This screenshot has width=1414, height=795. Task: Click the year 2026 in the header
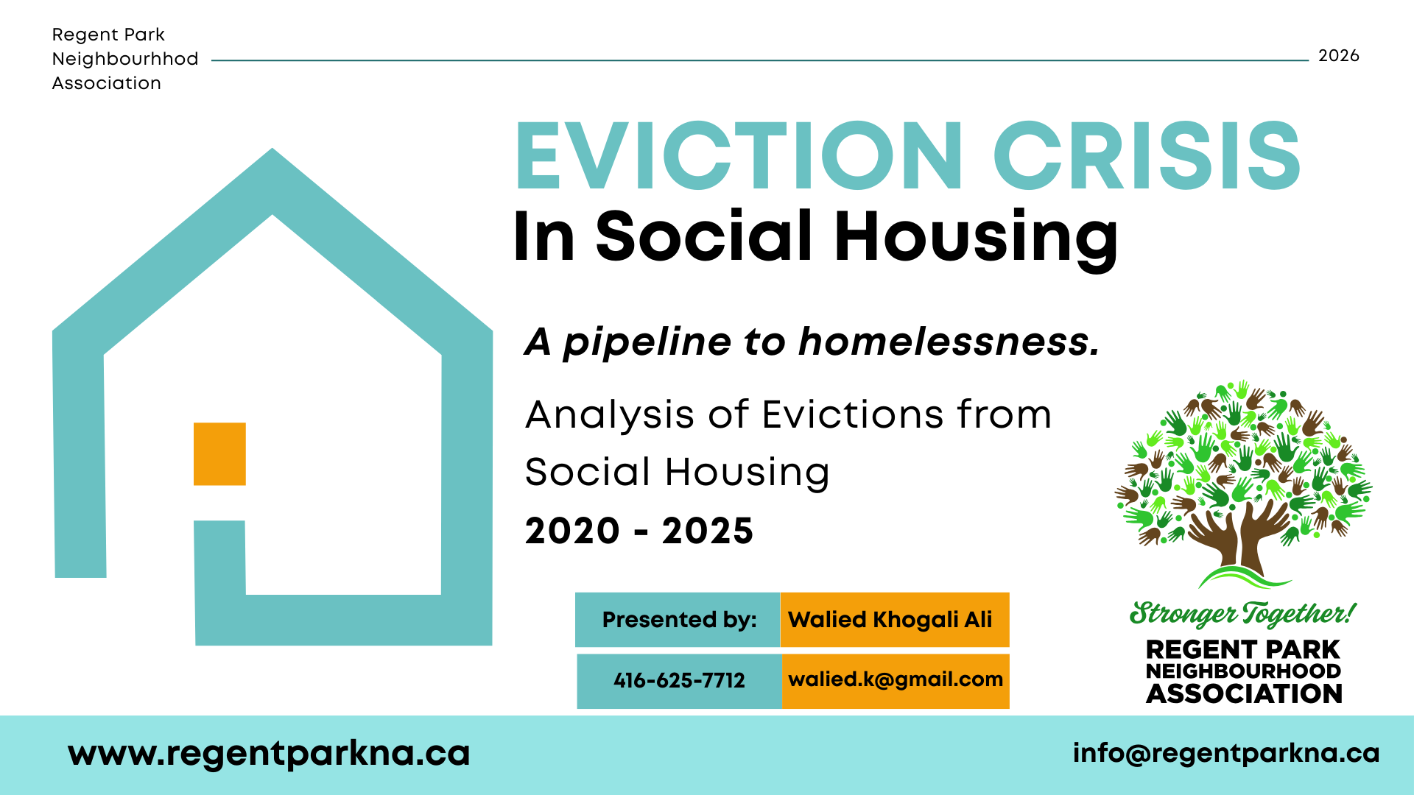[x=1338, y=56]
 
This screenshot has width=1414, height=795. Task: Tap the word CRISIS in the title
[x=1147, y=156]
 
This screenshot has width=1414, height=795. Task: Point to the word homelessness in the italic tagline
[x=949, y=342]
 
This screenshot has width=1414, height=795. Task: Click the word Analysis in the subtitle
[x=610, y=416]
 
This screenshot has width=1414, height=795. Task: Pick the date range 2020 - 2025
[x=639, y=531]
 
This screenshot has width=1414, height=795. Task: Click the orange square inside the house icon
[x=219, y=453]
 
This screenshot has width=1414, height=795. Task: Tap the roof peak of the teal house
[x=272, y=150]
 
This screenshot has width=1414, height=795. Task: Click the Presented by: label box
[x=678, y=620]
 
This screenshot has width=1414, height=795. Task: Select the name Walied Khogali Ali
[x=890, y=620]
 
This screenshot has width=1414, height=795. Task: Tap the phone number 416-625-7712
[x=679, y=680]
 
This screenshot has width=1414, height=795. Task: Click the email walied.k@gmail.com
[x=896, y=679]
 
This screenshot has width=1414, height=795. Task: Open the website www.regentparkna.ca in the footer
[x=269, y=754]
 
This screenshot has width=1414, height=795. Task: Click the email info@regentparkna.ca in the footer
[x=1226, y=753]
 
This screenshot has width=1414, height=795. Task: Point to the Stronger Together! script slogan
[x=1243, y=613]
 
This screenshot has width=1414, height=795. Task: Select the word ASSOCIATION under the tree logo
[x=1244, y=693]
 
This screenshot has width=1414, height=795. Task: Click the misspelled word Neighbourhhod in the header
[x=125, y=59]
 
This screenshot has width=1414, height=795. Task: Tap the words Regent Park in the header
[x=108, y=35]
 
